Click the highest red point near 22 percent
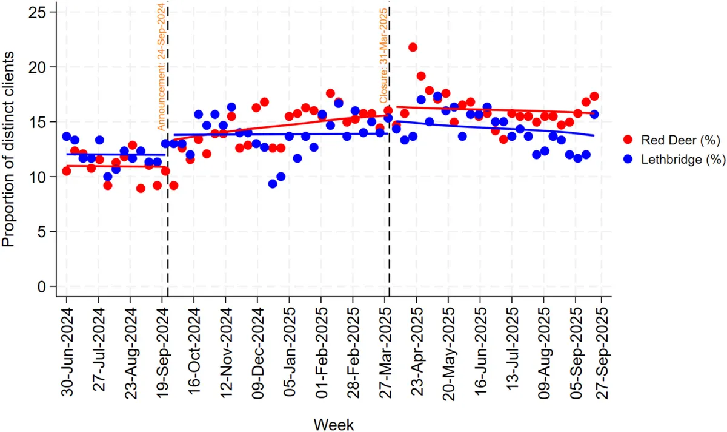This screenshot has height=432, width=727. (x=413, y=47)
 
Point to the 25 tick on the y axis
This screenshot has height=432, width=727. (x=42, y=12)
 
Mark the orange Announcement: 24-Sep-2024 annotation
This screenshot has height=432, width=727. (x=161, y=67)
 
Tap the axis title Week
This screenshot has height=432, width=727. (x=334, y=423)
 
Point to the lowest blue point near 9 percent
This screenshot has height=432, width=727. (x=273, y=184)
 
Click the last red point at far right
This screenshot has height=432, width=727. (x=594, y=96)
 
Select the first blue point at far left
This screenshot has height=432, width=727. (x=67, y=137)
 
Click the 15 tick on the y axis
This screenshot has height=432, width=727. (x=42, y=121)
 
